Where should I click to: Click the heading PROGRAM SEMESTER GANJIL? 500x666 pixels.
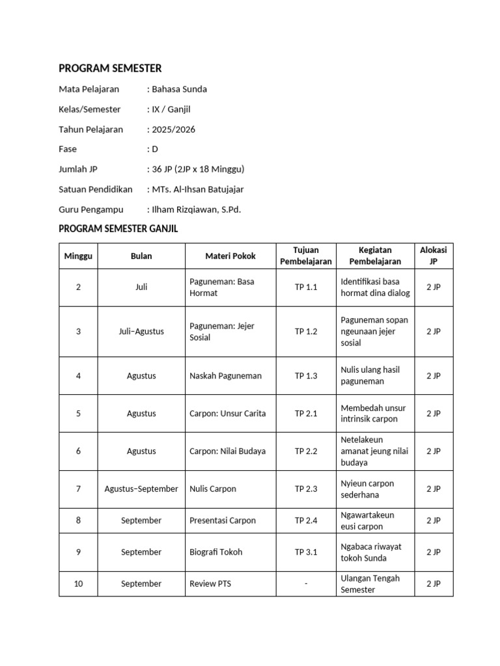[118, 229]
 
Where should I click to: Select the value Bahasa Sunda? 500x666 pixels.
[179, 89]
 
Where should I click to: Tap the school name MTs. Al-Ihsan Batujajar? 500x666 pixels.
[197, 189]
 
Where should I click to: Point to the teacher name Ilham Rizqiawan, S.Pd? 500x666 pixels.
[196, 209]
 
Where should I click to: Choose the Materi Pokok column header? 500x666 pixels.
[230, 256]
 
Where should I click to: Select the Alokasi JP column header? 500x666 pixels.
[434, 256]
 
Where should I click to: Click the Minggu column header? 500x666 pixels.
[78, 256]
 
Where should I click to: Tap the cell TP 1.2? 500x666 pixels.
[306, 332]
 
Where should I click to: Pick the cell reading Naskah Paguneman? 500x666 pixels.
[225, 376]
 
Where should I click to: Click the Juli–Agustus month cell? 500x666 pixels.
[141, 332]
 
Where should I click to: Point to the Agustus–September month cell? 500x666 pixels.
[141, 489]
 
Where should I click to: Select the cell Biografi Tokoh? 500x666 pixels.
[215, 552]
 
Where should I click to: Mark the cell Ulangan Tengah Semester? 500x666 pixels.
[370, 584]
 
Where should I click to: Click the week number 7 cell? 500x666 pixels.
[78, 489]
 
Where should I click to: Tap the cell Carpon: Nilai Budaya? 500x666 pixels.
[227, 451]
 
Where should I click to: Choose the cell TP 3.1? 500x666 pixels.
[306, 552]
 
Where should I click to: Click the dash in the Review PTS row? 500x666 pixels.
[306, 584]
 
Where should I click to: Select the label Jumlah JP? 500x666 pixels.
[78, 169]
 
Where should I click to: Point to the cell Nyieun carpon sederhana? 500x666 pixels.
[367, 489]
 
